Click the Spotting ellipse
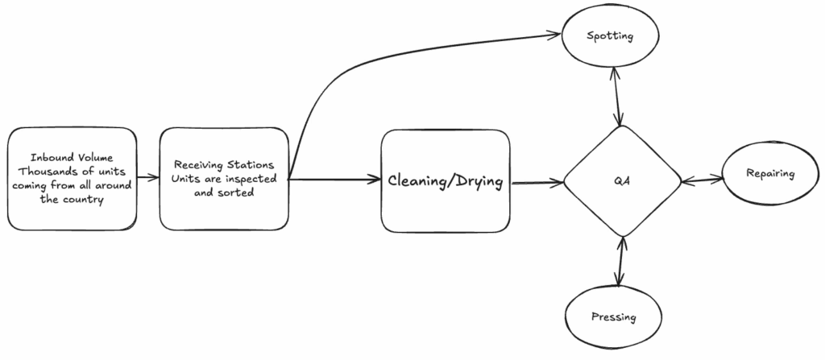pos(610,37)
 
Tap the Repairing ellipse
pos(769,174)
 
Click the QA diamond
pos(621,181)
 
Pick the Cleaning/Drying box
pos(446,182)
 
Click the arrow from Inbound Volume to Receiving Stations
pos(147,177)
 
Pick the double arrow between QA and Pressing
pos(620,262)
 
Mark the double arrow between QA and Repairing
pos(701,180)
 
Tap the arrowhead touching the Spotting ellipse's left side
pos(553,35)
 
